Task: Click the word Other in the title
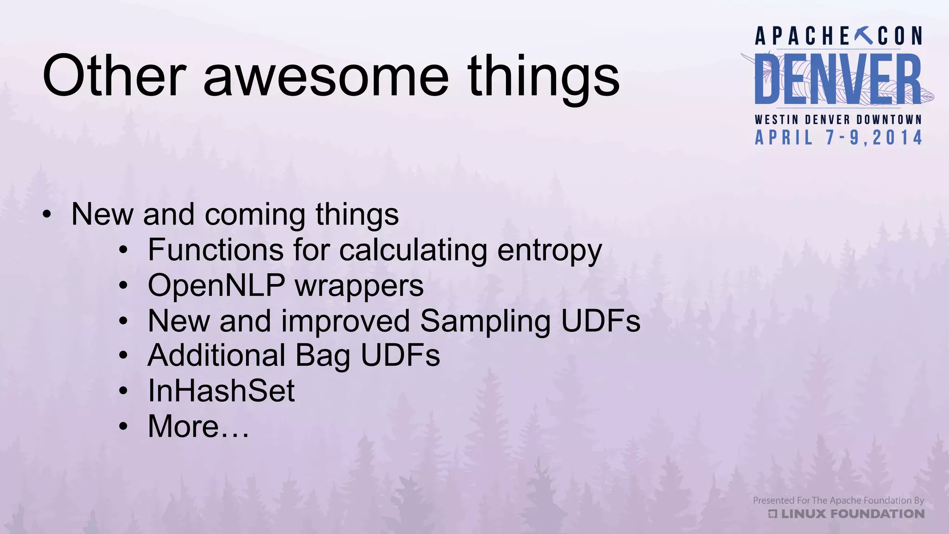click(x=114, y=76)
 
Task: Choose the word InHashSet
click(x=221, y=391)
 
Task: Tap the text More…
click(x=198, y=426)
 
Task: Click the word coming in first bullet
click(x=254, y=216)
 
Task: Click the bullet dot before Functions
click(x=123, y=251)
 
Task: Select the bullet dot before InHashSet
click(x=123, y=391)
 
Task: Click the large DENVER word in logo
click(x=838, y=79)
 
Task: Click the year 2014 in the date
click(x=897, y=138)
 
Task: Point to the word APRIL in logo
click(x=784, y=138)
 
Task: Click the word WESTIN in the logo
click(x=777, y=120)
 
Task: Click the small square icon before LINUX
click(x=772, y=514)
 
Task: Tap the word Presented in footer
click(x=773, y=501)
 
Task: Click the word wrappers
click(x=359, y=286)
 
